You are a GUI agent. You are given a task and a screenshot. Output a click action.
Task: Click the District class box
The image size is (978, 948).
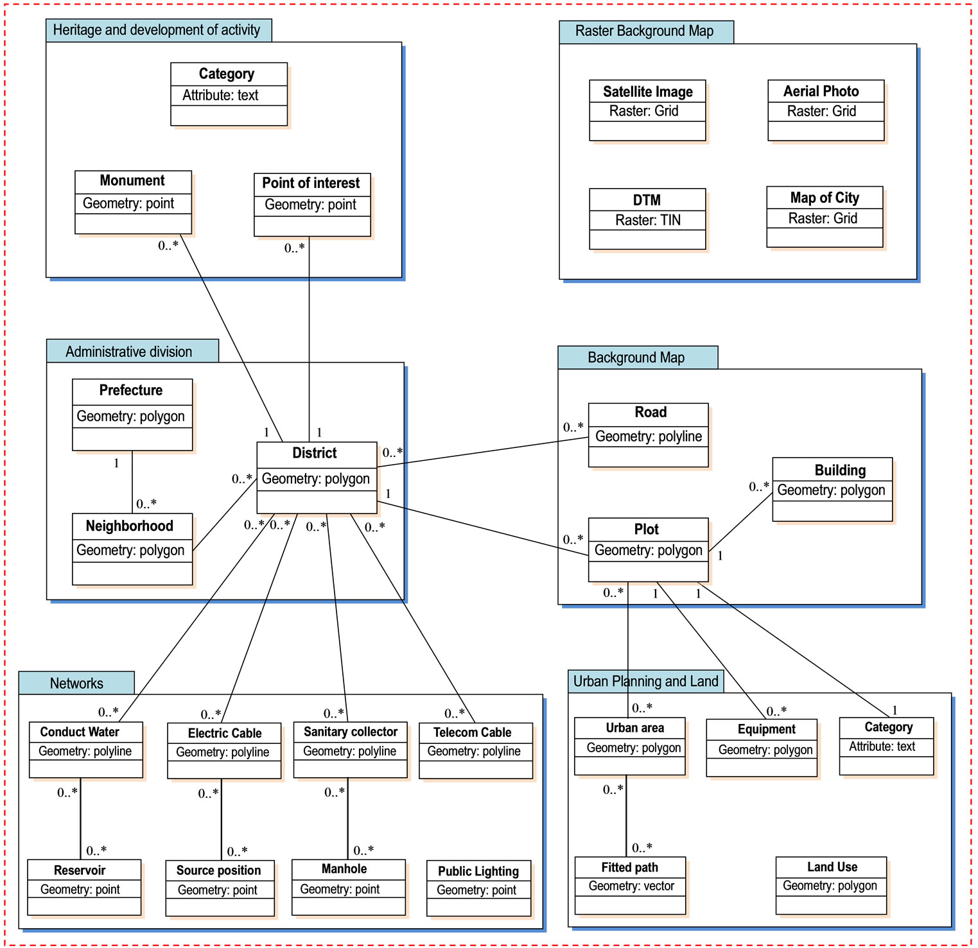pos(317,478)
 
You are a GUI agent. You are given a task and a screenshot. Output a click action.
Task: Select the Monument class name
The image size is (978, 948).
pos(132,181)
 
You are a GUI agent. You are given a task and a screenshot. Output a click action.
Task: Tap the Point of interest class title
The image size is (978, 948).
pos(311,184)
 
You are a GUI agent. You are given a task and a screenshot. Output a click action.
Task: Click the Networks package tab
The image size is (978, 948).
pos(76,683)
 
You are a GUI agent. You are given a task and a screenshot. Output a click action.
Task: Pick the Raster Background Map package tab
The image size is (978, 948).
pos(645,31)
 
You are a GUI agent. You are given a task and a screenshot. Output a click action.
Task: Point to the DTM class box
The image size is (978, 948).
pos(647,219)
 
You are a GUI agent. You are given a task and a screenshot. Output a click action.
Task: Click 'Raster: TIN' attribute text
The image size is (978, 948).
pos(647,220)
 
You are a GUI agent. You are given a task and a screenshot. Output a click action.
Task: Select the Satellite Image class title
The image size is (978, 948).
pos(647,92)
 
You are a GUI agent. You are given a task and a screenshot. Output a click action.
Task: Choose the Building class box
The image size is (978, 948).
pos(832,489)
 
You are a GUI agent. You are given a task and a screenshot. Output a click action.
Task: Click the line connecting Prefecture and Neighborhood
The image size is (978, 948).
pos(132,481)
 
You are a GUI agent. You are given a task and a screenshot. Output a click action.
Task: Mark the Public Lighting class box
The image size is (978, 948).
pos(478,888)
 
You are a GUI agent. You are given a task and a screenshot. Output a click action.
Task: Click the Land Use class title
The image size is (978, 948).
pos(832,867)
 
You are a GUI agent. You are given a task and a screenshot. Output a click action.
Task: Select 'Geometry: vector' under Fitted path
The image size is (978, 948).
pos(631,886)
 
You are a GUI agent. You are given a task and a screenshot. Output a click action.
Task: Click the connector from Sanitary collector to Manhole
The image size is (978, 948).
pos(348,819)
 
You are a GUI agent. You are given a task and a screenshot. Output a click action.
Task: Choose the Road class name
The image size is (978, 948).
pos(650,413)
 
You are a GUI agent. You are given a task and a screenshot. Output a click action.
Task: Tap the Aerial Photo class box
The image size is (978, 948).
pos(826,110)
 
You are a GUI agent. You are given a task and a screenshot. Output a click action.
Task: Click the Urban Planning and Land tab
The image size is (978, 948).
pos(645,682)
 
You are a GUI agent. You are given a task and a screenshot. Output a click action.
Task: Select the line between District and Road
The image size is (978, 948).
pos(482,452)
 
